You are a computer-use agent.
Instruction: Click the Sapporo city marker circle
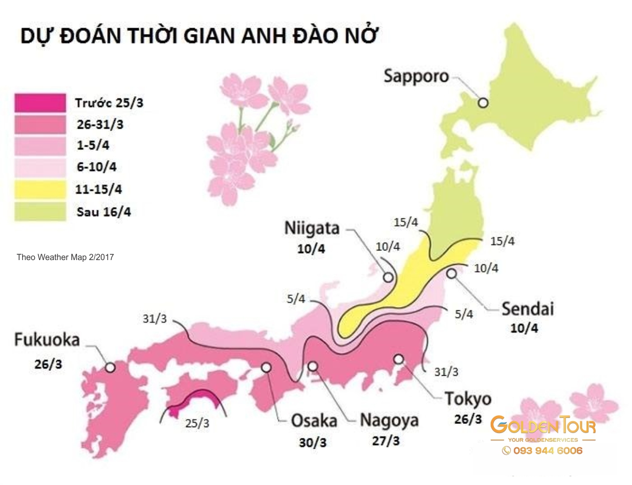click(483, 102)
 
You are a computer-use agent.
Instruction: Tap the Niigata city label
click(312, 228)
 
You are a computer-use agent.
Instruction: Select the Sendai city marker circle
click(451, 274)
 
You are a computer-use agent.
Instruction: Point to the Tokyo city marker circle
click(399, 359)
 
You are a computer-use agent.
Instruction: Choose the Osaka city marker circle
click(266, 367)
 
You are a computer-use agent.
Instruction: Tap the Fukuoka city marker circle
click(110, 367)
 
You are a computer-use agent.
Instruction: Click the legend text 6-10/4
click(97, 168)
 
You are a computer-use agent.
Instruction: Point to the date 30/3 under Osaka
click(312, 442)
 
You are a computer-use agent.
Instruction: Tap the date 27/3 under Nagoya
click(386, 441)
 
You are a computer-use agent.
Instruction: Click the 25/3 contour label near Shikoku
click(197, 423)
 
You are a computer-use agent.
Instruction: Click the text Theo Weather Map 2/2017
click(66, 257)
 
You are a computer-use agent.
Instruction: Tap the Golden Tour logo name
click(543, 426)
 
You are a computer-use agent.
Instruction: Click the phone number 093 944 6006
click(543, 450)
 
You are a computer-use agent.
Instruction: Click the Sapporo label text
click(416, 76)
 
